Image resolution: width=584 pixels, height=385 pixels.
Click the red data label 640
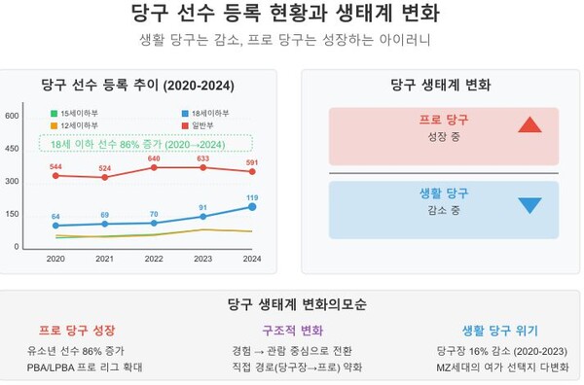(154, 157)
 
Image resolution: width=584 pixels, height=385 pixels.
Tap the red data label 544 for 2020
(55, 166)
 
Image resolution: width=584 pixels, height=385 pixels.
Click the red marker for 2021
(105, 177)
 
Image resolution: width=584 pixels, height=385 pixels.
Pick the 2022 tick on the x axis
(154, 258)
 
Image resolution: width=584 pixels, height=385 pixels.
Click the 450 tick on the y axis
(14, 149)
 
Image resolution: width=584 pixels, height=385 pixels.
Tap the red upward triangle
(529, 124)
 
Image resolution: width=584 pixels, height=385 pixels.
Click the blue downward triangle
(529, 205)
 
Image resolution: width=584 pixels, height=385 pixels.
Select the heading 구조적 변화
(291, 331)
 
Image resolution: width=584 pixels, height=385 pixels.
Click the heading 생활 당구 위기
(499, 331)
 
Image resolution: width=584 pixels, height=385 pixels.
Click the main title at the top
(291, 14)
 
